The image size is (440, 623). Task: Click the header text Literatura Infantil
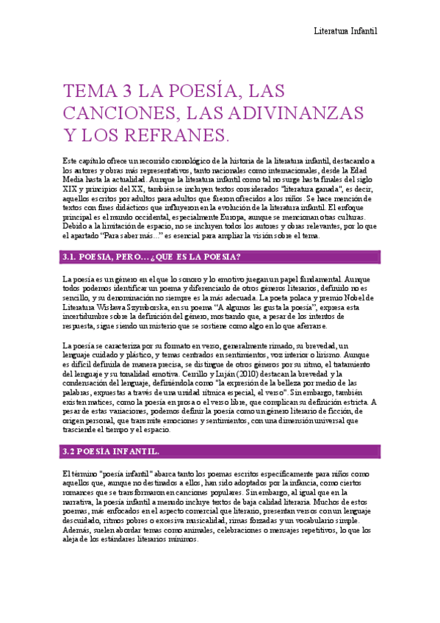click(x=345, y=31)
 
